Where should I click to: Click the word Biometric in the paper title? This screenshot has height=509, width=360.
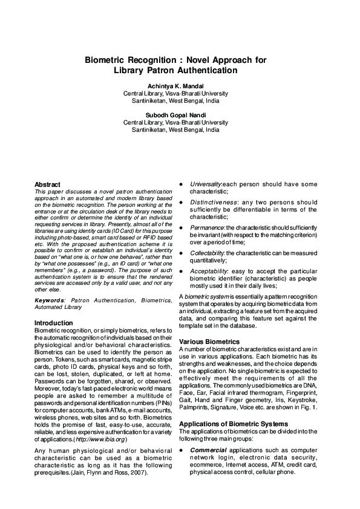click(103, 60)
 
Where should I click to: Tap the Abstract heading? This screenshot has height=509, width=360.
click(47, 184)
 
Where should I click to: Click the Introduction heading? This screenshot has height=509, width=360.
click(54, 323)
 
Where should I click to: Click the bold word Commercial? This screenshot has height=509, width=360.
click(209, 450)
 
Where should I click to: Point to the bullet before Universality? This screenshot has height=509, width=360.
click(182, 184)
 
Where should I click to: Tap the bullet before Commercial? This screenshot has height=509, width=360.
click(182, 450)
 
